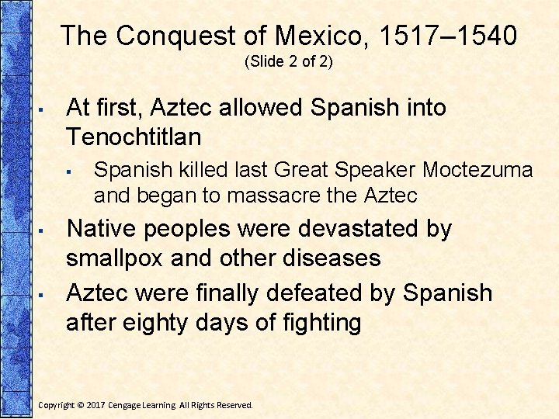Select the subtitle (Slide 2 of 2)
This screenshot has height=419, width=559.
(288, 62)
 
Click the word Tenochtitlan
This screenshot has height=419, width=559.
(134, 137)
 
